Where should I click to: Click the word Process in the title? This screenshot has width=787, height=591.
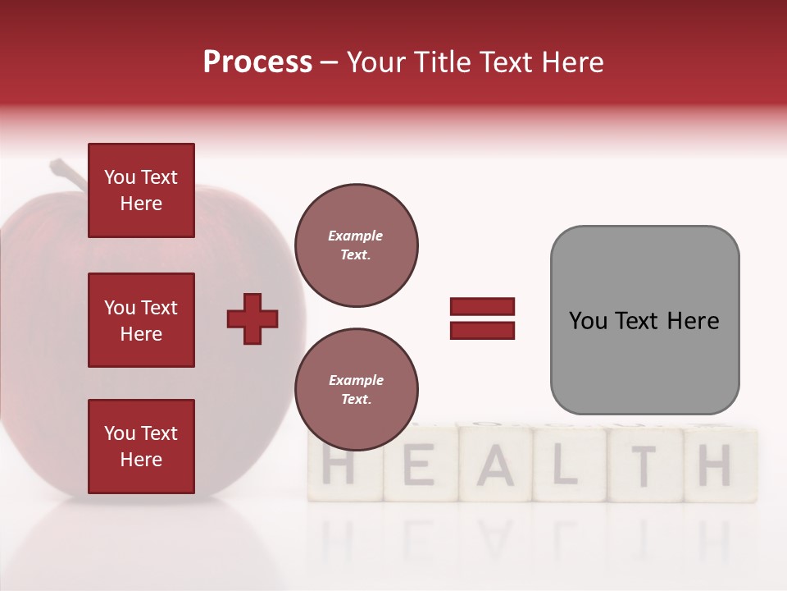[257, 62]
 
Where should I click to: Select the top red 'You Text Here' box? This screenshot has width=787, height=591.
[141, 190]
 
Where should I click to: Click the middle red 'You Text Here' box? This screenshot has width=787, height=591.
[141, 320]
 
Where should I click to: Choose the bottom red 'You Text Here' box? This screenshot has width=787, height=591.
[141, 447]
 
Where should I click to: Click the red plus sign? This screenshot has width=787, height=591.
[252, 318]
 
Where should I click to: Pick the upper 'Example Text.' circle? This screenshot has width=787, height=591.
[357, 245]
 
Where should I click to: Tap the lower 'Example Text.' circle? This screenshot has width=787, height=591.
[357, 390]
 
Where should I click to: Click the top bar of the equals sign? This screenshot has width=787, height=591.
[482, 307]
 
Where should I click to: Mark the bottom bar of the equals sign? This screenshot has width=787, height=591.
[482, 331]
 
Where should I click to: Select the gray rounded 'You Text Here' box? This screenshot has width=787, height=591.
[644, 320]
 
